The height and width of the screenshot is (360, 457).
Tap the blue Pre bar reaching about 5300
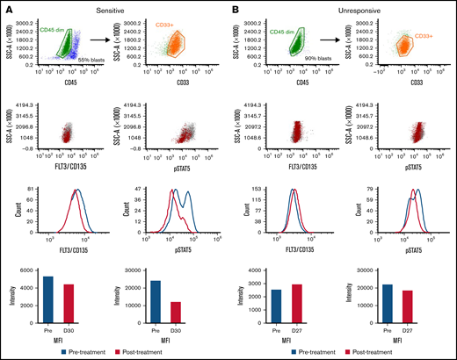(48, 302)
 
